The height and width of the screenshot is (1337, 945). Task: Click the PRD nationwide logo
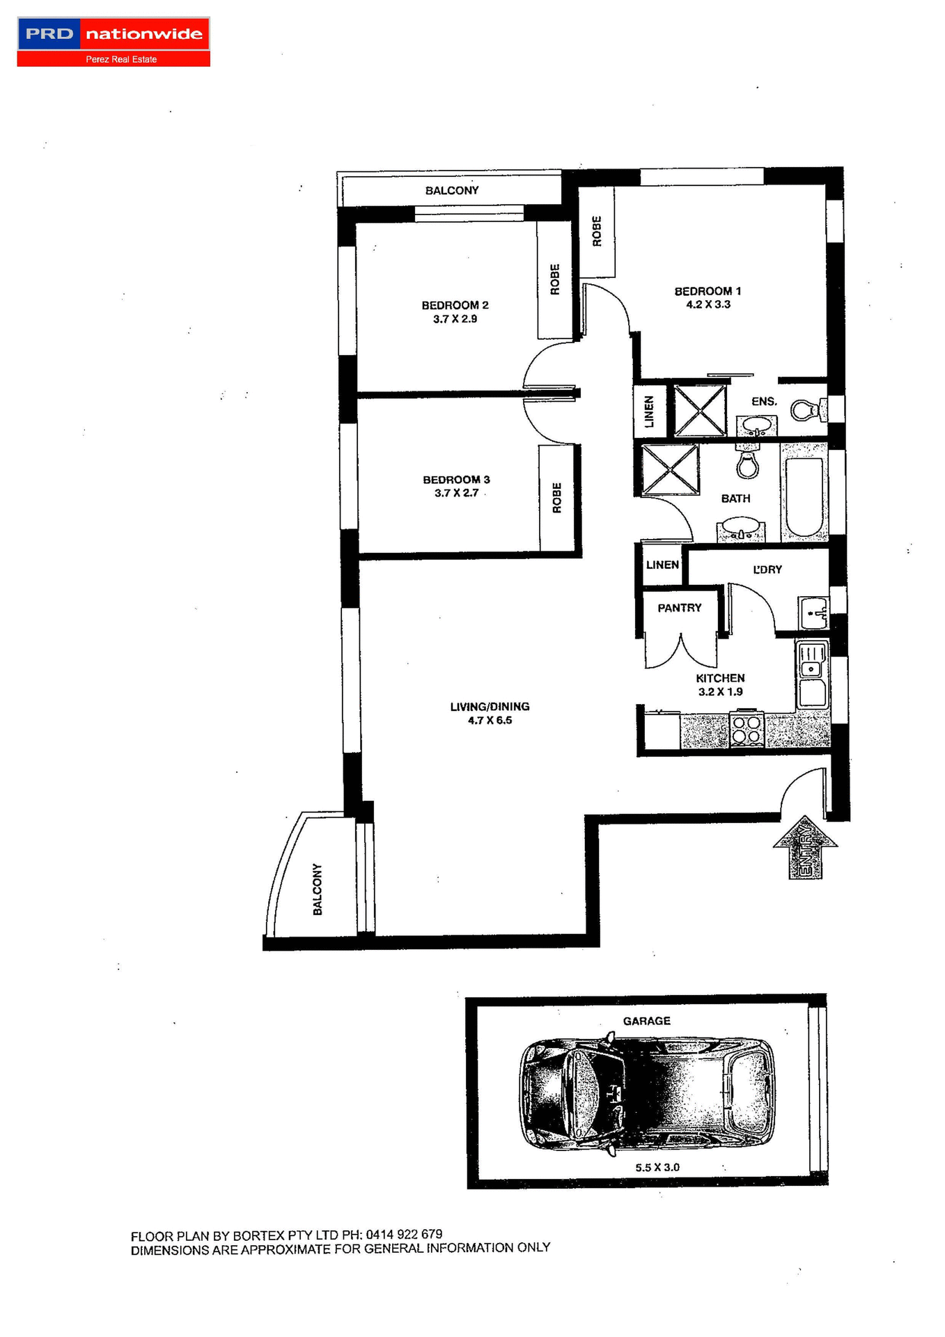tap(114, 42)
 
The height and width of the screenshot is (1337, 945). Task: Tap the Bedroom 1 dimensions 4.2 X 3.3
tap(708, 304)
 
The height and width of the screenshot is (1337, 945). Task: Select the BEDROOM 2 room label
tap(455, 305)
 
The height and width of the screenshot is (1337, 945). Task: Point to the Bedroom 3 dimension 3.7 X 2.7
tap(456, 493)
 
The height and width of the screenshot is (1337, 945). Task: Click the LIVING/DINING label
tap(490, 706)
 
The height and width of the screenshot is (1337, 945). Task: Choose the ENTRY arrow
tap(805, 848)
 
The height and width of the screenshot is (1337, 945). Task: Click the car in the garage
tap(646, 1093)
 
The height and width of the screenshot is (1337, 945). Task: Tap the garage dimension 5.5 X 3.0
tap(657, 1167)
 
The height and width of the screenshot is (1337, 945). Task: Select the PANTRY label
tap(679, 608)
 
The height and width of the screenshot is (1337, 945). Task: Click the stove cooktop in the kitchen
tap(746, 729)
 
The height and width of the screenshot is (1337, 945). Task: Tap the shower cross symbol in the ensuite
tap(700, 411)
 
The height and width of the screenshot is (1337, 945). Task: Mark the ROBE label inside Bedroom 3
tap(556, 498)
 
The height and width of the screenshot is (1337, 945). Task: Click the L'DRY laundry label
tap(767, 570)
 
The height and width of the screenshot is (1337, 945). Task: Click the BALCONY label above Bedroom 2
tap(452, 190)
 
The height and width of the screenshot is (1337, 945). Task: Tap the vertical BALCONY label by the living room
tap(318, 889)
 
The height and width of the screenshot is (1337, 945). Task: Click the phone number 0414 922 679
tap(404, 1234)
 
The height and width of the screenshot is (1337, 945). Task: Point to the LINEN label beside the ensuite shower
tap(649, 412)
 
